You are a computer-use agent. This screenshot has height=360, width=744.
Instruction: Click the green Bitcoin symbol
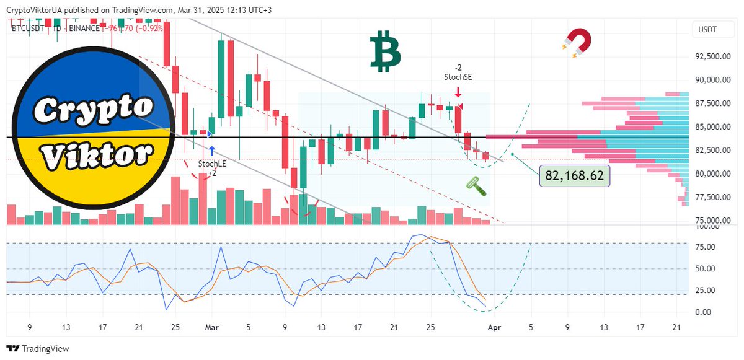(385, 52)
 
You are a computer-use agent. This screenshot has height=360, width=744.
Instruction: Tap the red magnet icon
(576, 45)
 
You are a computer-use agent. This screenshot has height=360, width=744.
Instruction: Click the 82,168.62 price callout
(574, 176)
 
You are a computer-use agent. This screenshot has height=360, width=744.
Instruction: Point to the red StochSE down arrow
(457, 92)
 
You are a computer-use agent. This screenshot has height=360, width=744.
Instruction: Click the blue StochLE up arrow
(212, 150)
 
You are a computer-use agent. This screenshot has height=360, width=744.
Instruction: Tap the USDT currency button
(708, 29)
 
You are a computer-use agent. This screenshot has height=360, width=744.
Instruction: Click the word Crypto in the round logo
(93, 109)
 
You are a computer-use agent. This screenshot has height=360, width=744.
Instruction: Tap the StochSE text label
(457, 77)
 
